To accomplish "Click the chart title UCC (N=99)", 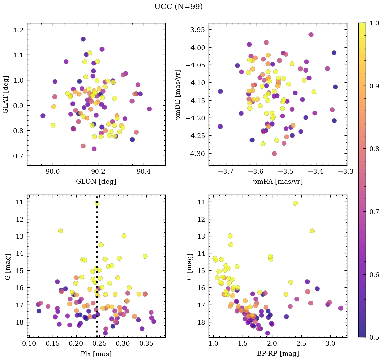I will [x=178, y=7].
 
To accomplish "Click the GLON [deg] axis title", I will [x=96, y=182].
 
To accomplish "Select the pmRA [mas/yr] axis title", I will [x=278, y=182].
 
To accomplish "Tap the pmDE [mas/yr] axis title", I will [x=178, y=94].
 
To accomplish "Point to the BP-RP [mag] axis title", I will [x=278, y=354].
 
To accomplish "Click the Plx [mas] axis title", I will [x=96, y=354].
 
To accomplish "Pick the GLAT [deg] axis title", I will [x=6, y=94].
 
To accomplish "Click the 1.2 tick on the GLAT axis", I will [x=19, y=30].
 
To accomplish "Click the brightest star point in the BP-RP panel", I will [x=295, y=203].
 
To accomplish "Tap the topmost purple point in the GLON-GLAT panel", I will [x=83, y=39].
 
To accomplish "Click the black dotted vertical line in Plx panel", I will [x=97, y=270].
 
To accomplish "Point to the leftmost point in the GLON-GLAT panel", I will [x=43, y=116].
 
